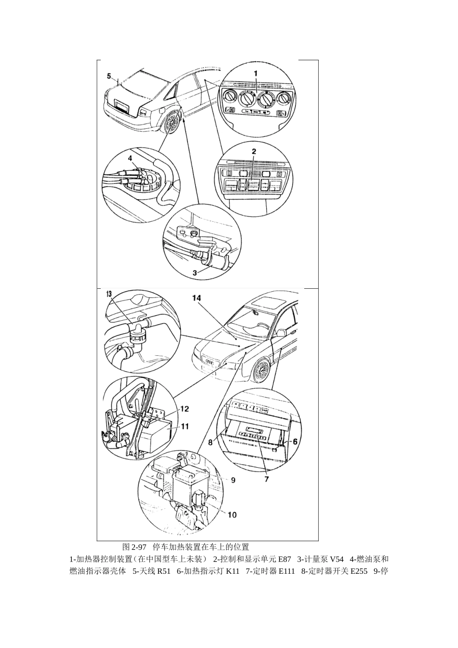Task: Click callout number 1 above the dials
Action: pyautogui.click(x=256, y=74)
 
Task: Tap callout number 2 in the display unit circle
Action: pyautogui.click(x=254, y=151)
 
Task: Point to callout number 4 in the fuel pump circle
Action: pyautogui.click(x=130, y=158)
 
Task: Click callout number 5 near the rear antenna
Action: pyautogui.click(x=109, y=76)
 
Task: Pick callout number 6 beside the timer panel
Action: pyautogui.click(x=295, y=441)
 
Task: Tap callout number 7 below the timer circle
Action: pyautogui.click(x=267, y=479)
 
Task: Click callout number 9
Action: pyautogui.click(x=233, y=480)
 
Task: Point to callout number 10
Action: pyautogui.click(x=232, y=514)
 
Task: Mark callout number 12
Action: pyautogui.click(x=185, y=409)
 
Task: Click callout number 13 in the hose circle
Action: pyautogui.click(x=108, y=294)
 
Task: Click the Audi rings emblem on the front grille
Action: pyautogui.click(x=209, y=362)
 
